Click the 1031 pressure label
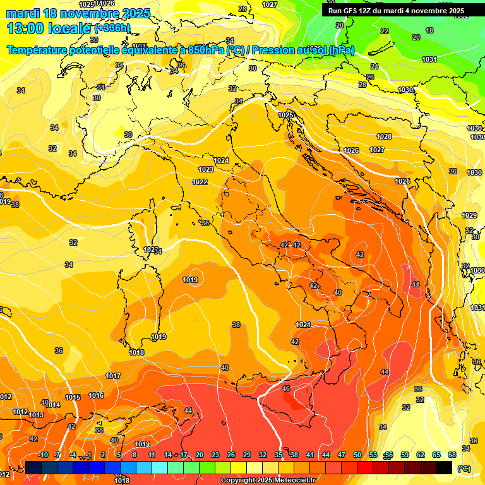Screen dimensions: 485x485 click(x=429, y=59)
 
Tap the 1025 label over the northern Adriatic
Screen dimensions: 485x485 click(x=286, y=115)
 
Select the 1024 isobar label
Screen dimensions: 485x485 click(x=221, y=161)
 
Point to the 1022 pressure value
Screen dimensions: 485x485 click(x=200, y=182)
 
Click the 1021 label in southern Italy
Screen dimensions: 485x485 click(x=303, y=325)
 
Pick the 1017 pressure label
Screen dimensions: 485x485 click(x=113, y=376)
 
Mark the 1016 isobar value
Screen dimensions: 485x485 click(x=96, y=395)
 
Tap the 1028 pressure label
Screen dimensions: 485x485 click(x=384, y=136)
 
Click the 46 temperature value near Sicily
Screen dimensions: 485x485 click(x=286, y=388)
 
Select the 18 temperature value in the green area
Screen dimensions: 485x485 click(x=429, y=30)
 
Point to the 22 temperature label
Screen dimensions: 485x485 click(x=385, y=31)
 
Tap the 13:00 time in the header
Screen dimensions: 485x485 click(x=28, y=28)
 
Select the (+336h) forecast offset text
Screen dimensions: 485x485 click(x=112, y=28)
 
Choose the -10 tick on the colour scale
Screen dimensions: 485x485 click(x=43, y=455)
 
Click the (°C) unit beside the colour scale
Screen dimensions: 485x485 click(x=464, y=468)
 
